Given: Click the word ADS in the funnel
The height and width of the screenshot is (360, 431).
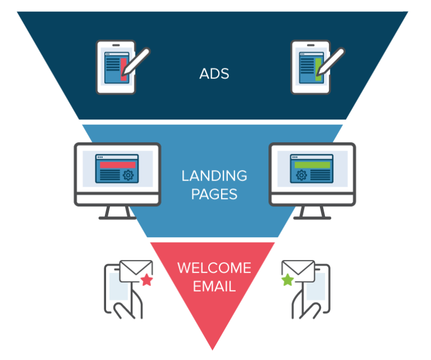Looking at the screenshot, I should (x=214, y=74).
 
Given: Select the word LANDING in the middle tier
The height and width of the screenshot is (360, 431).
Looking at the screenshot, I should (x=214, y=176).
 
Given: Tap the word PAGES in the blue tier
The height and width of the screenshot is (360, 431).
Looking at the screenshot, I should (x=214, y=194).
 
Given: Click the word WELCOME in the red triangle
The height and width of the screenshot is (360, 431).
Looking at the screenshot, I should (x=214, y=267).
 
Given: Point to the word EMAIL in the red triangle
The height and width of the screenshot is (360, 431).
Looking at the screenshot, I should (x=214, y=286).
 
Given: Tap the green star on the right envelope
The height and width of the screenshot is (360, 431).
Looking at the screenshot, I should (x=287, y=279).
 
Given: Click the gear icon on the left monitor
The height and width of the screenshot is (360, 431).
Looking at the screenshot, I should (x=128, y=176).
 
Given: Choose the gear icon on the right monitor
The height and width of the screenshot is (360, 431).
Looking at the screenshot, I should (x=301, y=176).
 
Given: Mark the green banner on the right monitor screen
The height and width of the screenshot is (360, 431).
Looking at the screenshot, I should (x=312, y=165).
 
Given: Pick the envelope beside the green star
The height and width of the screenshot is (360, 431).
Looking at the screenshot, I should (x=297, y=270).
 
